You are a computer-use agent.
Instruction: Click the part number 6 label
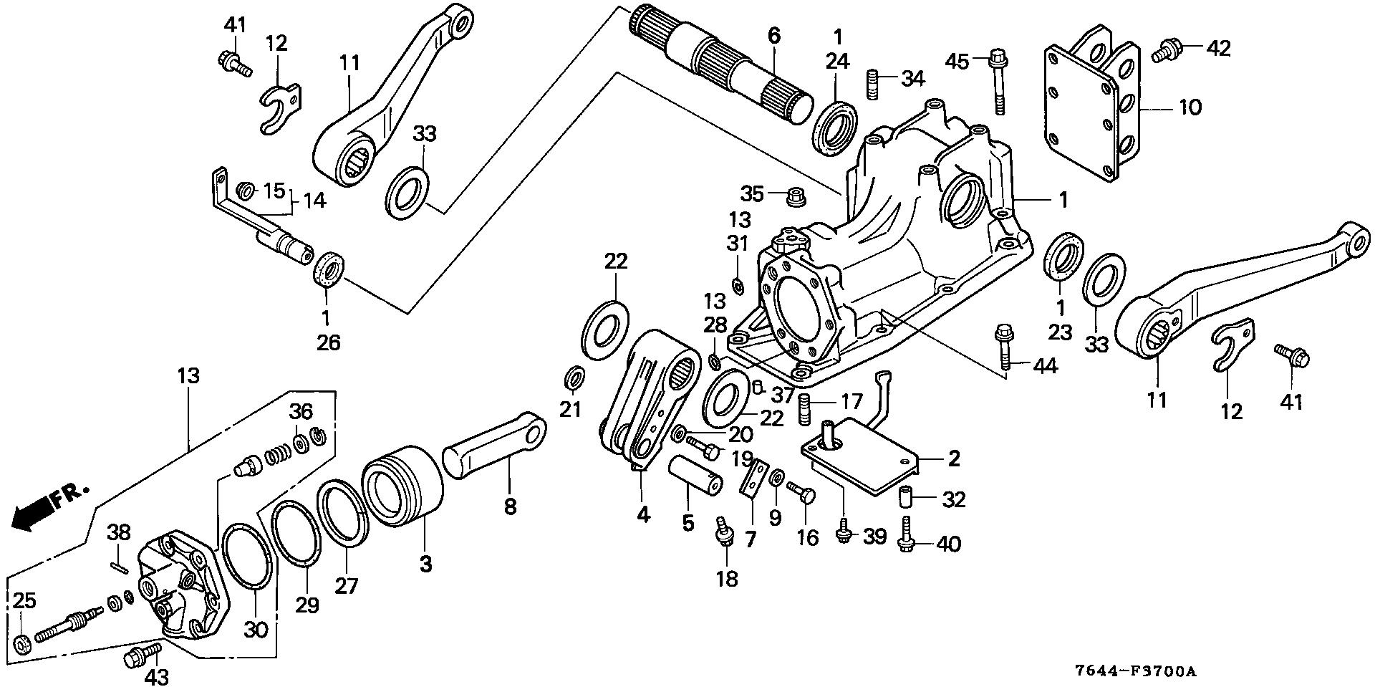click(774, 35)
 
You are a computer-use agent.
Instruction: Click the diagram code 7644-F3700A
click(1135, 672)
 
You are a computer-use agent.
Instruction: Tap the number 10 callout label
click(1190, 108)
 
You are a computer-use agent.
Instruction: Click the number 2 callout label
click(953, 458)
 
